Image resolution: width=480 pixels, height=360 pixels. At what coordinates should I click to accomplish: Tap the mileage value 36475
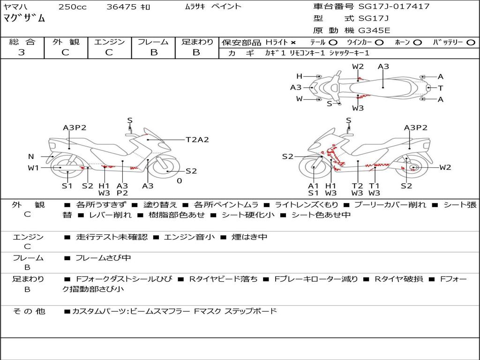tap(122, 7)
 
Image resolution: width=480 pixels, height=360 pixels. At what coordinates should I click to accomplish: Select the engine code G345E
tap(374, 31)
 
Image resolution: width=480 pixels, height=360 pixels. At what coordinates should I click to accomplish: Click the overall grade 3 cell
tap(22, 52)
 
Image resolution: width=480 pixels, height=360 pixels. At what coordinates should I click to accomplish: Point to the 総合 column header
tap(22, 42)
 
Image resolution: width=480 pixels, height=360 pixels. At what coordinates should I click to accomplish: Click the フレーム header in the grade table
tap(153, 42)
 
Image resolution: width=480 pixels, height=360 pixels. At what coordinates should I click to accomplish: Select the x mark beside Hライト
tap(293, 42)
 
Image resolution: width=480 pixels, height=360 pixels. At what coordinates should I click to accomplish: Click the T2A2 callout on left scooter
tap(197, 140)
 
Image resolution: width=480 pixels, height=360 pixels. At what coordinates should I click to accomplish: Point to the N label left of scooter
tap(31, 157)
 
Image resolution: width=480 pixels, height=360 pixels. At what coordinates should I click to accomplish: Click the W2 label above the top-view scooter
tap(358, 67)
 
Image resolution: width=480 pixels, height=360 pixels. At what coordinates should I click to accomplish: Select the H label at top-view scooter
tap(299, 76)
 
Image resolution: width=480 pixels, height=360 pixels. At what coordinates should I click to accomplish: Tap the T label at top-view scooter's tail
tap(440, 88)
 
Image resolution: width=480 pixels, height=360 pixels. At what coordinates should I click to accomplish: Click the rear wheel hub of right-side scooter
tap(413, 168)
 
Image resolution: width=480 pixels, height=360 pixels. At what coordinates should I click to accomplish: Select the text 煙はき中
tap(249, 237)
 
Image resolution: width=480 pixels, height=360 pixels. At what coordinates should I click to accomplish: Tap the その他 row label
tap(29, 311)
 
